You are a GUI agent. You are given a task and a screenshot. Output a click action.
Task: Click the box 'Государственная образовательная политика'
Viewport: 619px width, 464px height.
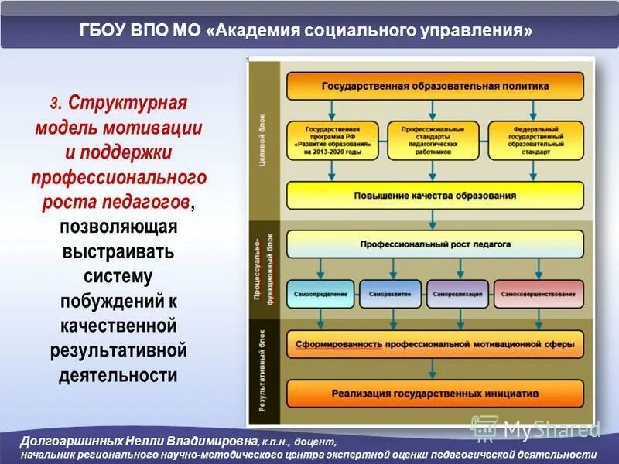[435, 87]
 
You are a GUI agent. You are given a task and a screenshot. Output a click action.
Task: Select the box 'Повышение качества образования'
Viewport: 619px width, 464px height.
[435, 196]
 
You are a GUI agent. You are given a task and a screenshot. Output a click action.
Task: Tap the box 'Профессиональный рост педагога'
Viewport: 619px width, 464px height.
[435, 244]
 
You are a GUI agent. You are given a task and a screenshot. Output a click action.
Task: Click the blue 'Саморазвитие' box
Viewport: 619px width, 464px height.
[391, 295]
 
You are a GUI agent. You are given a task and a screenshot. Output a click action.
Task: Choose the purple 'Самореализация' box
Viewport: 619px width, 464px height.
[457, 295]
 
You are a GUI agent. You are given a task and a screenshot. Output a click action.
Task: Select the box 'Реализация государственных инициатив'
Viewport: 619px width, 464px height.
[435, 394]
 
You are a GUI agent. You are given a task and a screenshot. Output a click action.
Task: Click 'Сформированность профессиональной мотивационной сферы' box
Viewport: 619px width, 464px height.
[435, 344]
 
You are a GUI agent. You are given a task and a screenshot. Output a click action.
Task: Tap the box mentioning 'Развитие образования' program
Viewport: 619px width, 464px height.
[333, 141]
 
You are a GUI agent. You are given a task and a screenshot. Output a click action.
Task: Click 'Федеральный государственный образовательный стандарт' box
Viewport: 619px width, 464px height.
[535, 141]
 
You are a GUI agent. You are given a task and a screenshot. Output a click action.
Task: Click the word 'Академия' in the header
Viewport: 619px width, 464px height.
[265, 32]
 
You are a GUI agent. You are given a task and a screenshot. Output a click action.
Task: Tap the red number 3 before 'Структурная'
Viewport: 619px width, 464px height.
[55, 104]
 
